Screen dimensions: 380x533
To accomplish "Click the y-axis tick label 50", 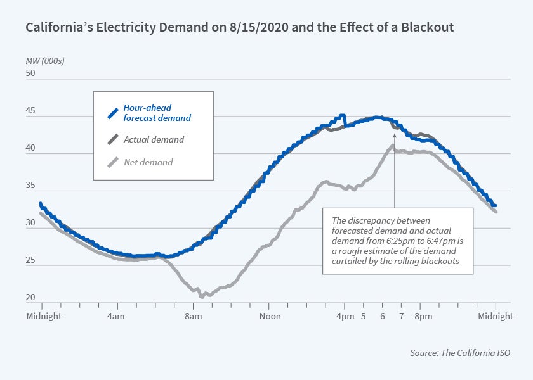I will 30,73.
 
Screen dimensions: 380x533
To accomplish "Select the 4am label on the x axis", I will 116,315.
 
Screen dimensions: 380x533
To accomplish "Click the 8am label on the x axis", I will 193,315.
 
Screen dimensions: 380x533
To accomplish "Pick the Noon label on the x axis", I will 270,315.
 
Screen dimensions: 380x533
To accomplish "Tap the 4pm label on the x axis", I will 345,315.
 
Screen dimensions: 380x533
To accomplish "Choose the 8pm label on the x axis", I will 423,315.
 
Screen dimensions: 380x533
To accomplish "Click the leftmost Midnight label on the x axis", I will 44,315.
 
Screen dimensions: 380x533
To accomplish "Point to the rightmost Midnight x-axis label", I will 496,315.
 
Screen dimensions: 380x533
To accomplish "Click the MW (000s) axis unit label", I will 45,61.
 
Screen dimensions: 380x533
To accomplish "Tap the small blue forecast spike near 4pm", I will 343,116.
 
